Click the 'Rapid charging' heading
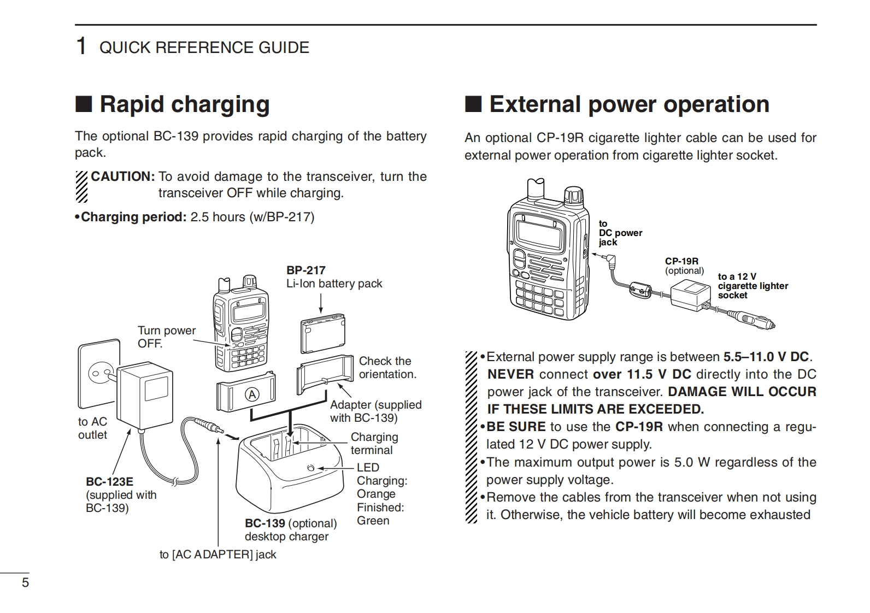[x=185, y=104]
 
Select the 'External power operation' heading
[x=629, y=104]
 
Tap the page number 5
[x=25, y=582]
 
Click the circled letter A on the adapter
[x=252, y=395]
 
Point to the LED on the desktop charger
[x=310, y=468]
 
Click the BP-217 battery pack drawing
[x=323, y=334]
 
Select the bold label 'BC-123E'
[x=109, y=482]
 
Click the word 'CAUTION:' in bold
[x=123, y=176]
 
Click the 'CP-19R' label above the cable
[x=681, y=261]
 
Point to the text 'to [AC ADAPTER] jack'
[x=218, y=555]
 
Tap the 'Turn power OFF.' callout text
[x=167, y=337]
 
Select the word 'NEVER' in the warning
[x=511, y=374]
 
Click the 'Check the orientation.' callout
[x=387, y=368]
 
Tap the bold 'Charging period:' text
[x=134, y=217]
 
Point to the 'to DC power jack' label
[x=620, y=233]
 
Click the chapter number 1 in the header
[x=81, y=46]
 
